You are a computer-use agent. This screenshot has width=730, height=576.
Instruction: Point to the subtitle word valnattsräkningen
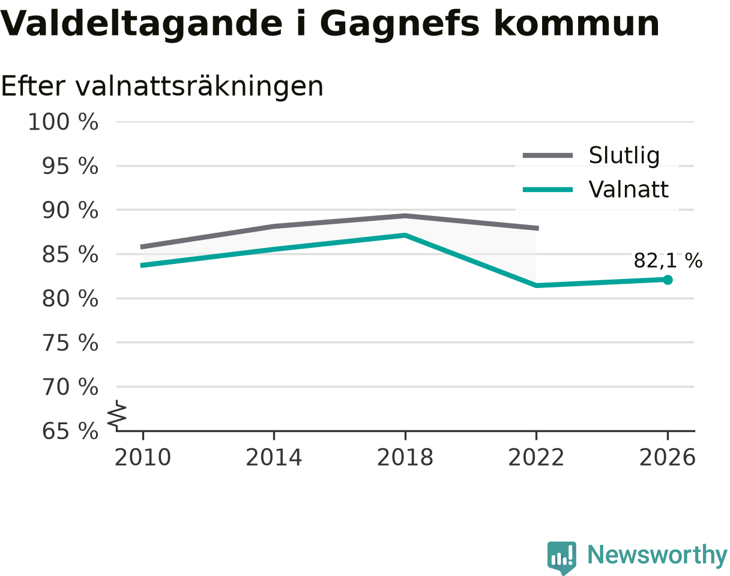[199, 87]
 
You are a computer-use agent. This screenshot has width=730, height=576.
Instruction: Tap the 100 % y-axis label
[63, 122]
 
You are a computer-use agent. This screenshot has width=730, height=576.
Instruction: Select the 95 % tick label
[70, 166]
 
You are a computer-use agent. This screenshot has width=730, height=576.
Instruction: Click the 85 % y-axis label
[70, 254]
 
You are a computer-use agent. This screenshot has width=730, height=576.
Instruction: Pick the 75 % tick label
[70, 343]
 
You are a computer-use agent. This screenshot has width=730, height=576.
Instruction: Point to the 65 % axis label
[70, 431]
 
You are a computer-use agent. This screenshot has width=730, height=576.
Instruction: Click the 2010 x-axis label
[143, 457]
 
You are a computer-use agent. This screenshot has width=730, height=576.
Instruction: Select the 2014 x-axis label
[274, 457]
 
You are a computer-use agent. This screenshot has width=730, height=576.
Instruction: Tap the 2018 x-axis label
[405, 457]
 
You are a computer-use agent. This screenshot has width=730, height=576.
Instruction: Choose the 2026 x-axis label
[667, 457]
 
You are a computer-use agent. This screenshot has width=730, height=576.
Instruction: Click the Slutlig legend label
[624, 155]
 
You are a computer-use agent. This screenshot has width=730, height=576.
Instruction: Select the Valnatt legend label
[629, 189]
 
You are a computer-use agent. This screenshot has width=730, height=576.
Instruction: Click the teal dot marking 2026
[668, 280]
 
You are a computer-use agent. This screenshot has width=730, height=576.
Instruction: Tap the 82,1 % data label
[668, 261]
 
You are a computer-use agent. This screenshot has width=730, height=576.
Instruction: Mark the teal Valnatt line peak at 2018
[405, 235]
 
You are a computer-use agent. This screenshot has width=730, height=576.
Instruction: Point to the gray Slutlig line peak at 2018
[405, 216]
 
